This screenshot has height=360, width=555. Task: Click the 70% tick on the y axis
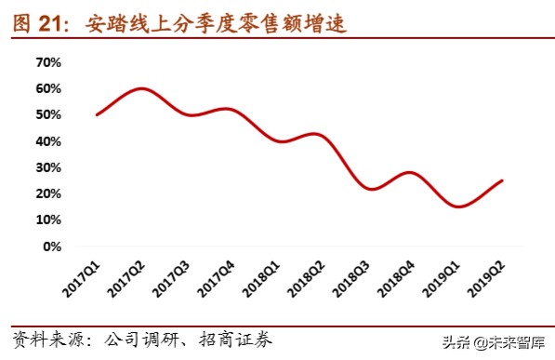tap(47, 62)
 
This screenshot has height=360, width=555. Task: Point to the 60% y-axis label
tap(47, 88)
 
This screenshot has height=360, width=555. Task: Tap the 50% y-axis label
tap(47, 114)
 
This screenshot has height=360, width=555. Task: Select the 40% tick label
tap(47, 141)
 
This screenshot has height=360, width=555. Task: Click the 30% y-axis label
tap(47, 167)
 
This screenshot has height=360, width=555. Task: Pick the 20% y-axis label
tap(47, 193)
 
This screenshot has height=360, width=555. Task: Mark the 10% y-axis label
tap(47, 220)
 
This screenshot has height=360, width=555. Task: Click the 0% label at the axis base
tap(51, 247)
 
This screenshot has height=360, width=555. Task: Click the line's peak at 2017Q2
tap(140, 88)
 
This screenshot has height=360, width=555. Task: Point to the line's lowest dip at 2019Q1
tap(458, 207)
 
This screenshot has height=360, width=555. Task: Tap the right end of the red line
tap(503, 180)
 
